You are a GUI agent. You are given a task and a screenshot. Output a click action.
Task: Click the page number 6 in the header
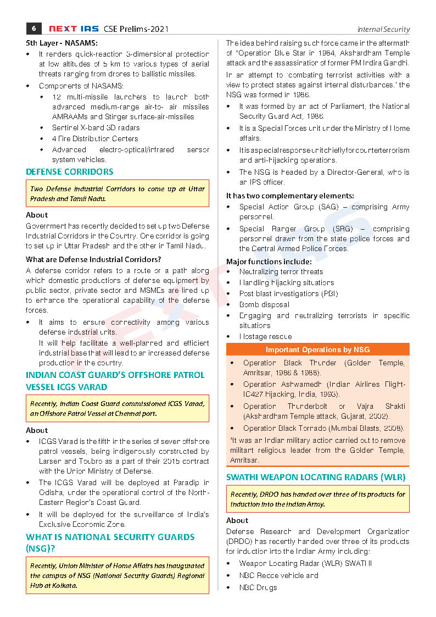[x=34, y=29]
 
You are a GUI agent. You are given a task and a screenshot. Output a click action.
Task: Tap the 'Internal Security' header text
[x=383, y=29]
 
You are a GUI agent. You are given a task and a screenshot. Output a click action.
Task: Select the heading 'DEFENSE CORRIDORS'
[x=70, y=172]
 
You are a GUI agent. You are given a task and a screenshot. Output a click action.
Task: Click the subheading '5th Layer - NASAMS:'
[x=62, y=42]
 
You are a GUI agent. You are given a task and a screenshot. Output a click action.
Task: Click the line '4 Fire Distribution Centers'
[x=95, y=138]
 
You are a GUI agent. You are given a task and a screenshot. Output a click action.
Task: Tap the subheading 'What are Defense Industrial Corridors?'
[x=93, y=259]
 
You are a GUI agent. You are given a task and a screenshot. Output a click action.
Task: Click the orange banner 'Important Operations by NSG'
[x=317, y=349]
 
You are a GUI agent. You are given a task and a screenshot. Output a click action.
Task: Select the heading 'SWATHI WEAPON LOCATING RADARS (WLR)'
[x=316, y=477]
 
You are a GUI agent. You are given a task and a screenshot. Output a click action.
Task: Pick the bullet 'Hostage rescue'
[x=265, y=336]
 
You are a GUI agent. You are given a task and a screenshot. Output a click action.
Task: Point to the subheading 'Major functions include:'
[x=269, y=262]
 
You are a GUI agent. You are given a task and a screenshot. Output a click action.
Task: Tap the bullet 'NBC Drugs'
[x=258, y=587]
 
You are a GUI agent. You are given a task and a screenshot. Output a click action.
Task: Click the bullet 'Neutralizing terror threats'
[x=281, y=271]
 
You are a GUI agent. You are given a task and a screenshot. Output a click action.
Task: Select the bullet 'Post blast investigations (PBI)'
[x=288, y=293]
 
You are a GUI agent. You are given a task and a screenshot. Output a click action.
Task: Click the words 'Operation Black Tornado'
[x=286, y=428]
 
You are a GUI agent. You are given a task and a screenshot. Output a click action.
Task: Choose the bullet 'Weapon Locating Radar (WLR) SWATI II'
[x=305, y=563]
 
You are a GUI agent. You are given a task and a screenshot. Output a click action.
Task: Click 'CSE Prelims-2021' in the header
[x=133, y=29]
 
